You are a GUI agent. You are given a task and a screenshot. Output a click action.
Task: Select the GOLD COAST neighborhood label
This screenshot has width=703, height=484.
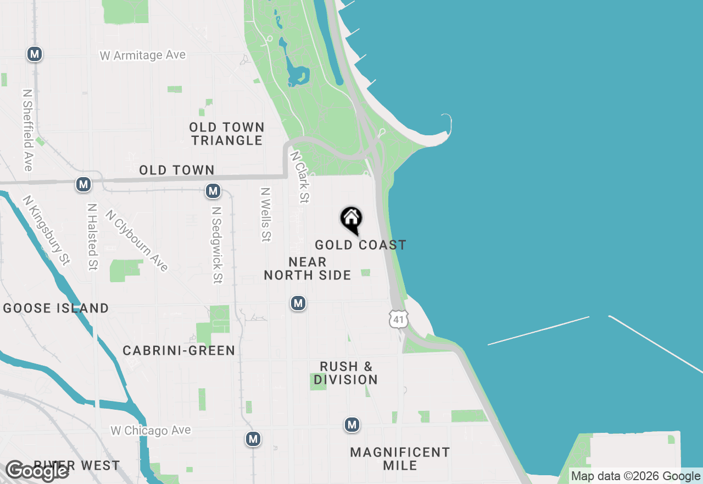click(x=360, y=245)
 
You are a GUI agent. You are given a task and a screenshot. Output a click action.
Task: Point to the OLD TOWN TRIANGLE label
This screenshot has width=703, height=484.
click(x=227, y=134)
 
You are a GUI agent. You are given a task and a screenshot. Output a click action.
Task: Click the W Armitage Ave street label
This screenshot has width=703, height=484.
click(x=143, y=56)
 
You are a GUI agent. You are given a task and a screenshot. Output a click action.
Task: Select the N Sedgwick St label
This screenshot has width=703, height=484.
click(x=217, y=245)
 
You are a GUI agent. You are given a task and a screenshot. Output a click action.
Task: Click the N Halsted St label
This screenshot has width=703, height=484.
click(x=92, y=237)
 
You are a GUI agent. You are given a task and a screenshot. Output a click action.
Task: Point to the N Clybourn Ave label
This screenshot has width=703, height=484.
click(x=137, y=241)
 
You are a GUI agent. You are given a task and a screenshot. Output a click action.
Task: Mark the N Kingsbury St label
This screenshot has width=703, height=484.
click(x=47, y=230)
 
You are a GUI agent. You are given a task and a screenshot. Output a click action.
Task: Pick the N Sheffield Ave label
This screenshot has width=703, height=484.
click(x=28, y=130)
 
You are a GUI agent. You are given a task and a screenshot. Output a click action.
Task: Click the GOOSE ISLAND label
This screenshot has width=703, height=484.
click(x=56, y=308)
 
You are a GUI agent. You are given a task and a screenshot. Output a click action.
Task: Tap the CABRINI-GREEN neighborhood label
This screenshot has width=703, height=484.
click(x=179, y=350)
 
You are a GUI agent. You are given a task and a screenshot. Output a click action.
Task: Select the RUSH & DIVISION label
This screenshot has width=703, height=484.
click(x=346, y=373)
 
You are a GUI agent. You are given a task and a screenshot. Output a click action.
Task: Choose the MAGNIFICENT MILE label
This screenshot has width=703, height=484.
click(x=400, y=459)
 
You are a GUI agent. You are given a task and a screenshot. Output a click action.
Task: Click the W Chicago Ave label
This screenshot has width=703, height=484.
click(x=150, y=431)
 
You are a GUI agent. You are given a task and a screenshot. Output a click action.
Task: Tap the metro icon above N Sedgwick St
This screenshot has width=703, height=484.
click(x=213, y=191)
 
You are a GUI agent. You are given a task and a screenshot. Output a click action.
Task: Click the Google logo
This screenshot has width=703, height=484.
click(x=37, y=471)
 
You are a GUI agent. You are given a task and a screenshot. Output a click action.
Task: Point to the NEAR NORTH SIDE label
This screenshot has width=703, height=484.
click(x=308, y=268)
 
